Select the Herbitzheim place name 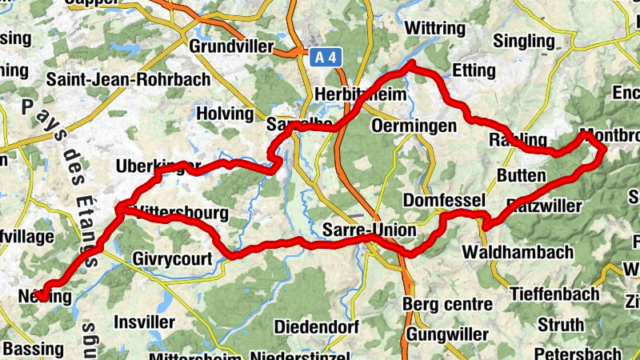[x=362, y=94]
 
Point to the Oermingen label [x=414, y=126]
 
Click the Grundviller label [x=231, y=46]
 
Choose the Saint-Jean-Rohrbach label [x=128, y=79]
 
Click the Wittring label [x=434, y=28]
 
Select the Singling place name [x=525, y=41]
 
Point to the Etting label [x=474, y=70]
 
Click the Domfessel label [x=445, y=199]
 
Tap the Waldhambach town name [x=518, y=253]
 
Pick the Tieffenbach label [x=554, y=294]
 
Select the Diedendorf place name [x=314, y=326]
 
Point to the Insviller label [x=145, y=322]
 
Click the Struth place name [x=561, y=325]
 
